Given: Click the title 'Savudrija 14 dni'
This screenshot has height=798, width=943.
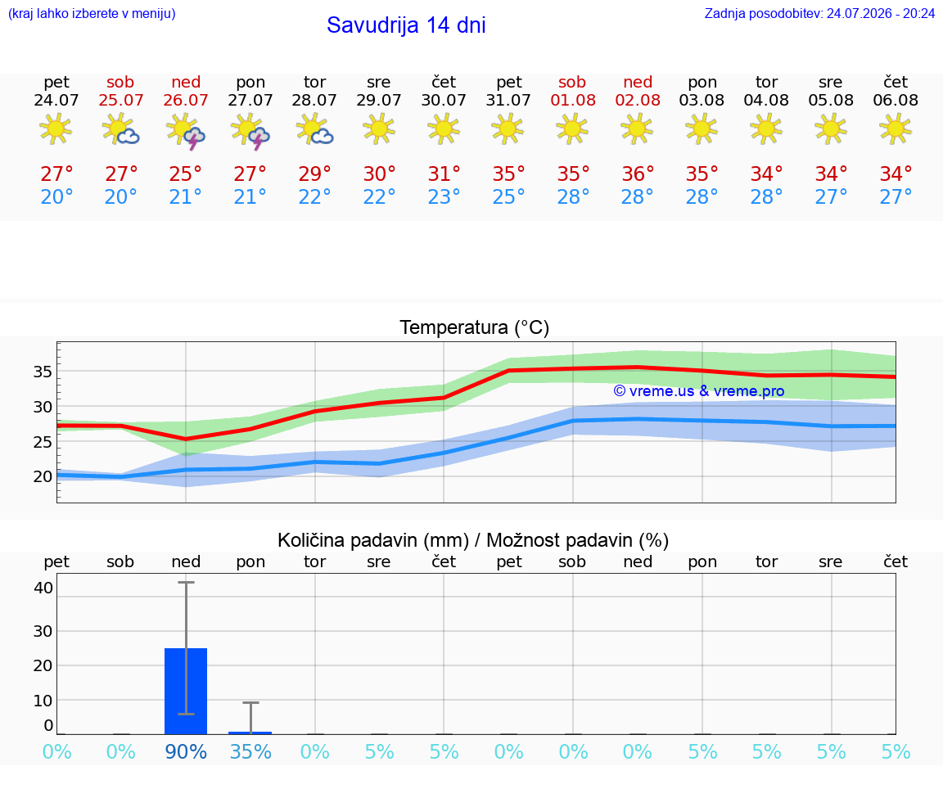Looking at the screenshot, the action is [x=406, y=25].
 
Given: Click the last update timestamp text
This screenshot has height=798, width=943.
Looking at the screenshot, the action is [x=819, y=13].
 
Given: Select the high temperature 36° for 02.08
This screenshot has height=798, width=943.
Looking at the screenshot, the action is [x=638, y=174].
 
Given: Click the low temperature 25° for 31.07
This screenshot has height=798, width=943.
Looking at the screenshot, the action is [x=509, y=196].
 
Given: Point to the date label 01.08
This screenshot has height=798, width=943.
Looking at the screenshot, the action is [x=573, y=100].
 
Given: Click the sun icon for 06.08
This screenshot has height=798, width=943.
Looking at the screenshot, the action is [x=896, y=129].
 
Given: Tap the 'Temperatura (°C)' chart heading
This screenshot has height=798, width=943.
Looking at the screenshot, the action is [x=475, y=327].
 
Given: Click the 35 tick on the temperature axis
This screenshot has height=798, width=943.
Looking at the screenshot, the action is [x=43, y=372].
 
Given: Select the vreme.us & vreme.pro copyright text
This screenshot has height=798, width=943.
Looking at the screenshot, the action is [x=699, y=391].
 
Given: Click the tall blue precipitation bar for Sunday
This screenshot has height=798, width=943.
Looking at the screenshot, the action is [x=186, y=691].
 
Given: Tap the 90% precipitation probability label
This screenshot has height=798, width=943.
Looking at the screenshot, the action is [x=186, y=751].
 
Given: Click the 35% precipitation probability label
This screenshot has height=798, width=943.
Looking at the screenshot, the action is [x=250, y=751].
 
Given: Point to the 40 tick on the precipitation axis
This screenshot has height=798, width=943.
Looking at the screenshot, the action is [x=43, y=588].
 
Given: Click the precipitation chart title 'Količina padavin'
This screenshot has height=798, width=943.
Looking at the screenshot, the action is [x=373, y=540].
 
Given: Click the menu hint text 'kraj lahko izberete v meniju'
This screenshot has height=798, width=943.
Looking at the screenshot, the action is [x=92, y=13].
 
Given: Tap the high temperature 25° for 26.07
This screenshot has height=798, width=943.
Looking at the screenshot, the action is [x=185, y=174].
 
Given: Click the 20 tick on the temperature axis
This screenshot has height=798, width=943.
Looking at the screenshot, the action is [x=43, y=476].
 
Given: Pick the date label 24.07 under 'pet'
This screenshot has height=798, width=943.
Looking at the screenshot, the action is [x=56, y=100].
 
